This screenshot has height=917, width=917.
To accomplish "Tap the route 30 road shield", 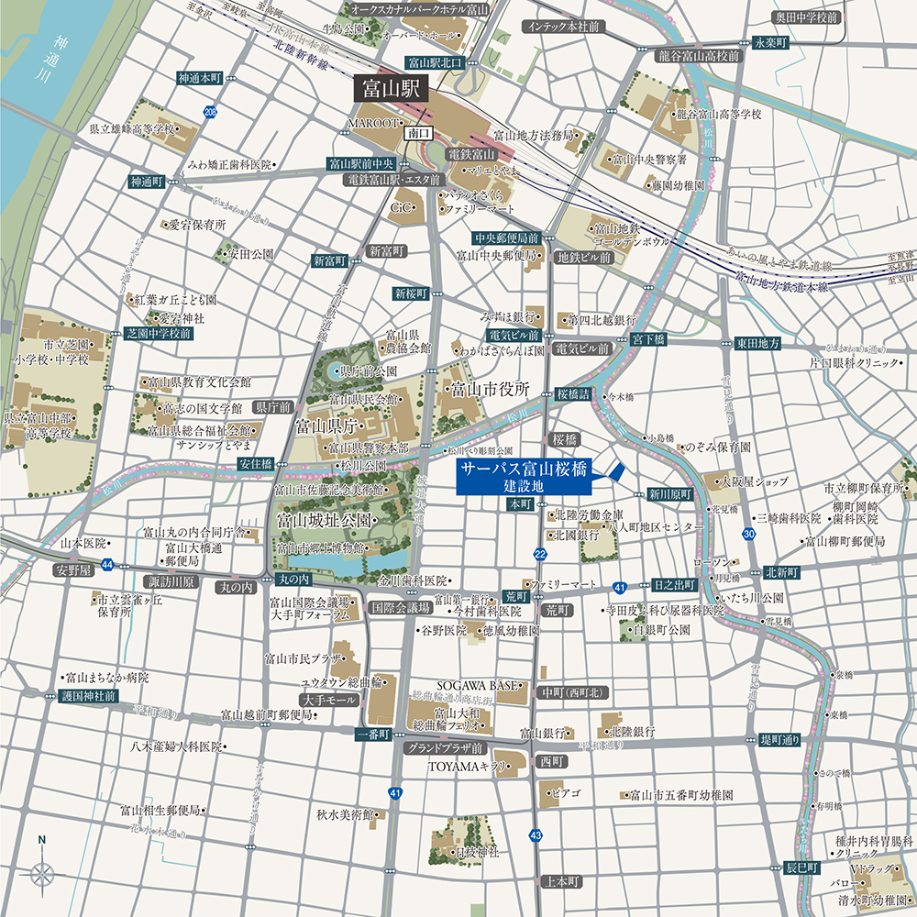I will click(x=749, y=534).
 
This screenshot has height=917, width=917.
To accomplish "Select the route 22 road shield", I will click(x=540, y=554).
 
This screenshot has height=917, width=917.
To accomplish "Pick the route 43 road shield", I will click(x=536, y=834).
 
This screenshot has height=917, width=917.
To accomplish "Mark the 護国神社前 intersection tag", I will click(x=90, y=696).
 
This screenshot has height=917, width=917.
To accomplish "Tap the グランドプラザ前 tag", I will click(x=445, y=747).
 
